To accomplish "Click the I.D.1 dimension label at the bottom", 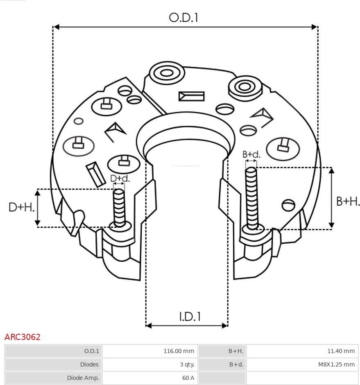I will tap(190, 317).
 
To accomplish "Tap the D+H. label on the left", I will tap(21, 207).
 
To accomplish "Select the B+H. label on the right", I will tap(348, 201).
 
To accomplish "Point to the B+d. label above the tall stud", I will tap(251, 154).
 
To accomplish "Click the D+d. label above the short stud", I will tap(120, 179).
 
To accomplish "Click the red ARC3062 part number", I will tap(23, 337).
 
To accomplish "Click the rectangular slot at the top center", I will tap(191, 96).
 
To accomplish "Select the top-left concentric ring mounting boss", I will tap(166, 74).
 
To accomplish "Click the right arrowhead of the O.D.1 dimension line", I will tap(315, 27).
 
